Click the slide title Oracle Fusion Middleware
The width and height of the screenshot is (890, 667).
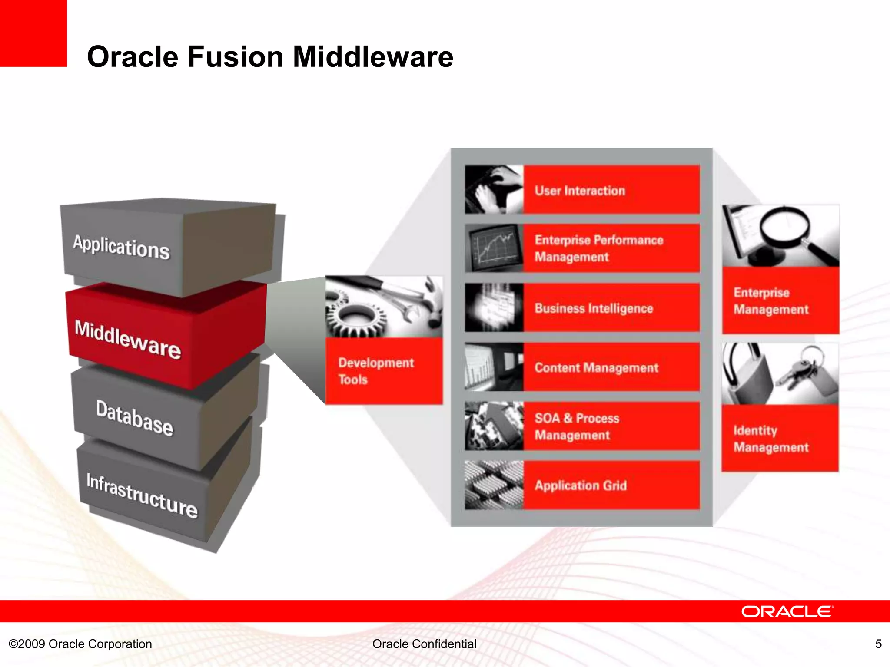coord(270,57)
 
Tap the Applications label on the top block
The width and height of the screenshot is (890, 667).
coord(121,247)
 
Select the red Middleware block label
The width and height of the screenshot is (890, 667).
coord(127,340)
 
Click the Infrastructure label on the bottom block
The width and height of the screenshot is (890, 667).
coord(142,495)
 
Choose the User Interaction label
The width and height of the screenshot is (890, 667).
coord(580,191)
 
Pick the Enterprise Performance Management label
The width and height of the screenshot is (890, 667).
coord(598,248)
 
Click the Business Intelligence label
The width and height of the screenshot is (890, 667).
coord(594,308)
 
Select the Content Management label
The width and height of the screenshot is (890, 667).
coord(596,368)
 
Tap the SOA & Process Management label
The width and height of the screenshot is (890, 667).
coord(577,426)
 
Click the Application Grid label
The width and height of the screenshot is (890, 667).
coord(581,485)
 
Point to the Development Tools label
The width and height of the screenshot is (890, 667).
coord(376,371)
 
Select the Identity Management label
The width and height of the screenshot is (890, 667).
coord(771,439)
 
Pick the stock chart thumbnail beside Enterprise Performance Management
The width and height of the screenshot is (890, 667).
coord(494,248)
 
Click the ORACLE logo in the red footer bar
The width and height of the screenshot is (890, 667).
coord(787,611)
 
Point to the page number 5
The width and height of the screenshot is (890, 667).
coord(878,644)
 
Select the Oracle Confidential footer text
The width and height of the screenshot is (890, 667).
coord(424,644)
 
